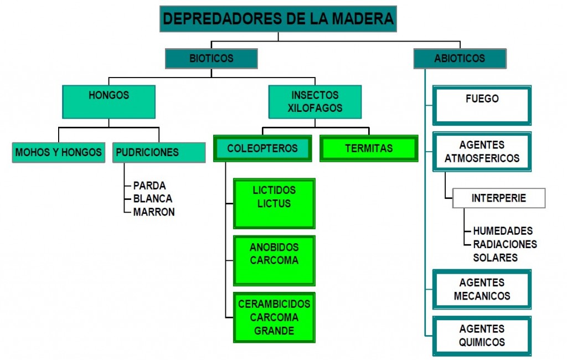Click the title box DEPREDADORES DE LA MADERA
pyautogui.click(x=278, y=19)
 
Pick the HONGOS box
pyautogui.click(x=109, y=101)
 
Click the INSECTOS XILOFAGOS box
pyautogui.click(x=315, y=101)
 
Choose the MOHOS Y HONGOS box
pyautogui.click(x=59, y=152)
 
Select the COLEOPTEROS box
pyautogui.click(x=262, y=148)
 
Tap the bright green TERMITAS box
pyautogui.click(x=369, y=148)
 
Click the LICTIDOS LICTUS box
pyautogui.click(x=274, y=203)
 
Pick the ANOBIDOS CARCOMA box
pyautogui.click(x=274, y=260)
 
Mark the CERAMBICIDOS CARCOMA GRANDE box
pyautogui.click(x=274, y=317)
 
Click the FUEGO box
pyautogui.click(x=482, y=105)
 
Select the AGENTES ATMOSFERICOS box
pyautogui.click(x=482, y=152)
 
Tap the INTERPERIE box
pyautogui.click(x=499, y=198)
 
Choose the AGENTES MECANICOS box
pyautogui.click(x=482, y=289)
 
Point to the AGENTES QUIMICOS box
pyautogui.click(x=482, y=336)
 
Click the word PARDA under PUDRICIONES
pyautogui.click(x=150, y=186)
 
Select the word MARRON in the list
pyautogui.click(x=154, y=212)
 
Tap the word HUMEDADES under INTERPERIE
pyautogui.click(x=503, y=231)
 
